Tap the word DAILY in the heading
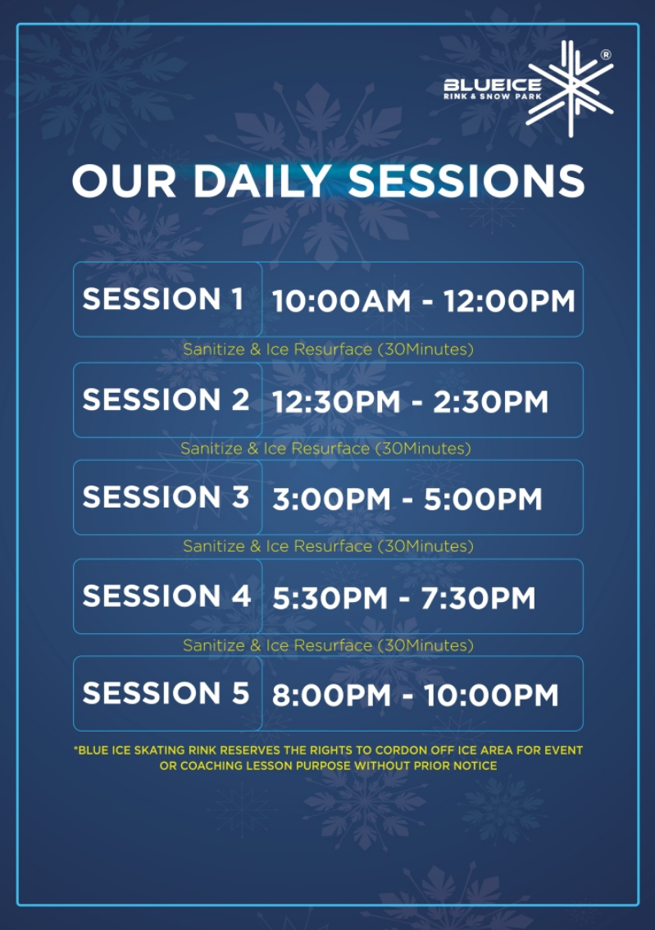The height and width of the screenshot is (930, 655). (262, 181)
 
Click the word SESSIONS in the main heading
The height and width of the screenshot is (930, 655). (466, 181)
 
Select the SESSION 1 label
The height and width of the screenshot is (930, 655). (163, 299)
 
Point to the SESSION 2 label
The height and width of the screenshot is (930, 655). (166, 399)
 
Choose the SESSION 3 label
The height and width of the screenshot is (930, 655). (166, 497)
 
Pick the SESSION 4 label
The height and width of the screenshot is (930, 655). (166, 596)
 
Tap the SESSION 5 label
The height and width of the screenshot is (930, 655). (166, 693)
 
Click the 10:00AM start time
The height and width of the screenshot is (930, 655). (341, 301)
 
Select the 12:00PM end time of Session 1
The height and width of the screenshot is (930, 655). (509, 301)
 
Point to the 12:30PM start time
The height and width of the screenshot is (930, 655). (337, 402)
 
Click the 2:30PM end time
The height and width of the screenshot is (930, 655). (491, 402)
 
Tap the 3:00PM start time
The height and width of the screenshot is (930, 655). (332, 499)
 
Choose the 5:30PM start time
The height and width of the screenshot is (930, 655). (330, 598)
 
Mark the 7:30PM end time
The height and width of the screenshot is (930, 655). (479, 598)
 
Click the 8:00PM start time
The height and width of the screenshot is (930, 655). (332, 695)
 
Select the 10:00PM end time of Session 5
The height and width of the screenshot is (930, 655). (491, 695)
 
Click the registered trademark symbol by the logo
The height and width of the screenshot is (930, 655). (606, 55)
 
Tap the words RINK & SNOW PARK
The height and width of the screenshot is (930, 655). (493, 96)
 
